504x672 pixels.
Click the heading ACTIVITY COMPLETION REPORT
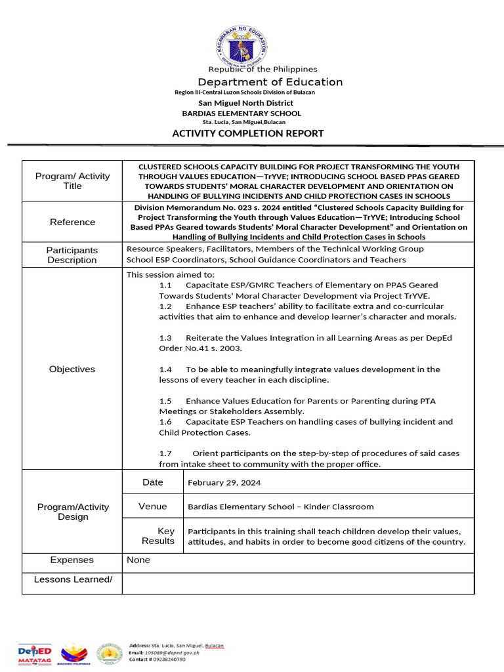247,133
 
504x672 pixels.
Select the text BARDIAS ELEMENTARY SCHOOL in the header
241,114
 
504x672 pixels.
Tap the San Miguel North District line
245,103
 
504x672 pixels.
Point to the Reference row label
72,222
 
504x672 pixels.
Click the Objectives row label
72,369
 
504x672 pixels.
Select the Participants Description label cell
72,255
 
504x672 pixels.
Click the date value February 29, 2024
224,482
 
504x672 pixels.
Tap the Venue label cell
152,506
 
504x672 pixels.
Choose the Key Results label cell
157,535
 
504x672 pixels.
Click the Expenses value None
138,560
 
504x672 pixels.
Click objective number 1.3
165,338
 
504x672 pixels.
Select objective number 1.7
165,453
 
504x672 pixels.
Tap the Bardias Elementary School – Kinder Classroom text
280,507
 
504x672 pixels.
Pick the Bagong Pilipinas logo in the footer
73,654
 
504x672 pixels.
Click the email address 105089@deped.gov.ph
171,653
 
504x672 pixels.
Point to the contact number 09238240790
171,660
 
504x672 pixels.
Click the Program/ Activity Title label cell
72,180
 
